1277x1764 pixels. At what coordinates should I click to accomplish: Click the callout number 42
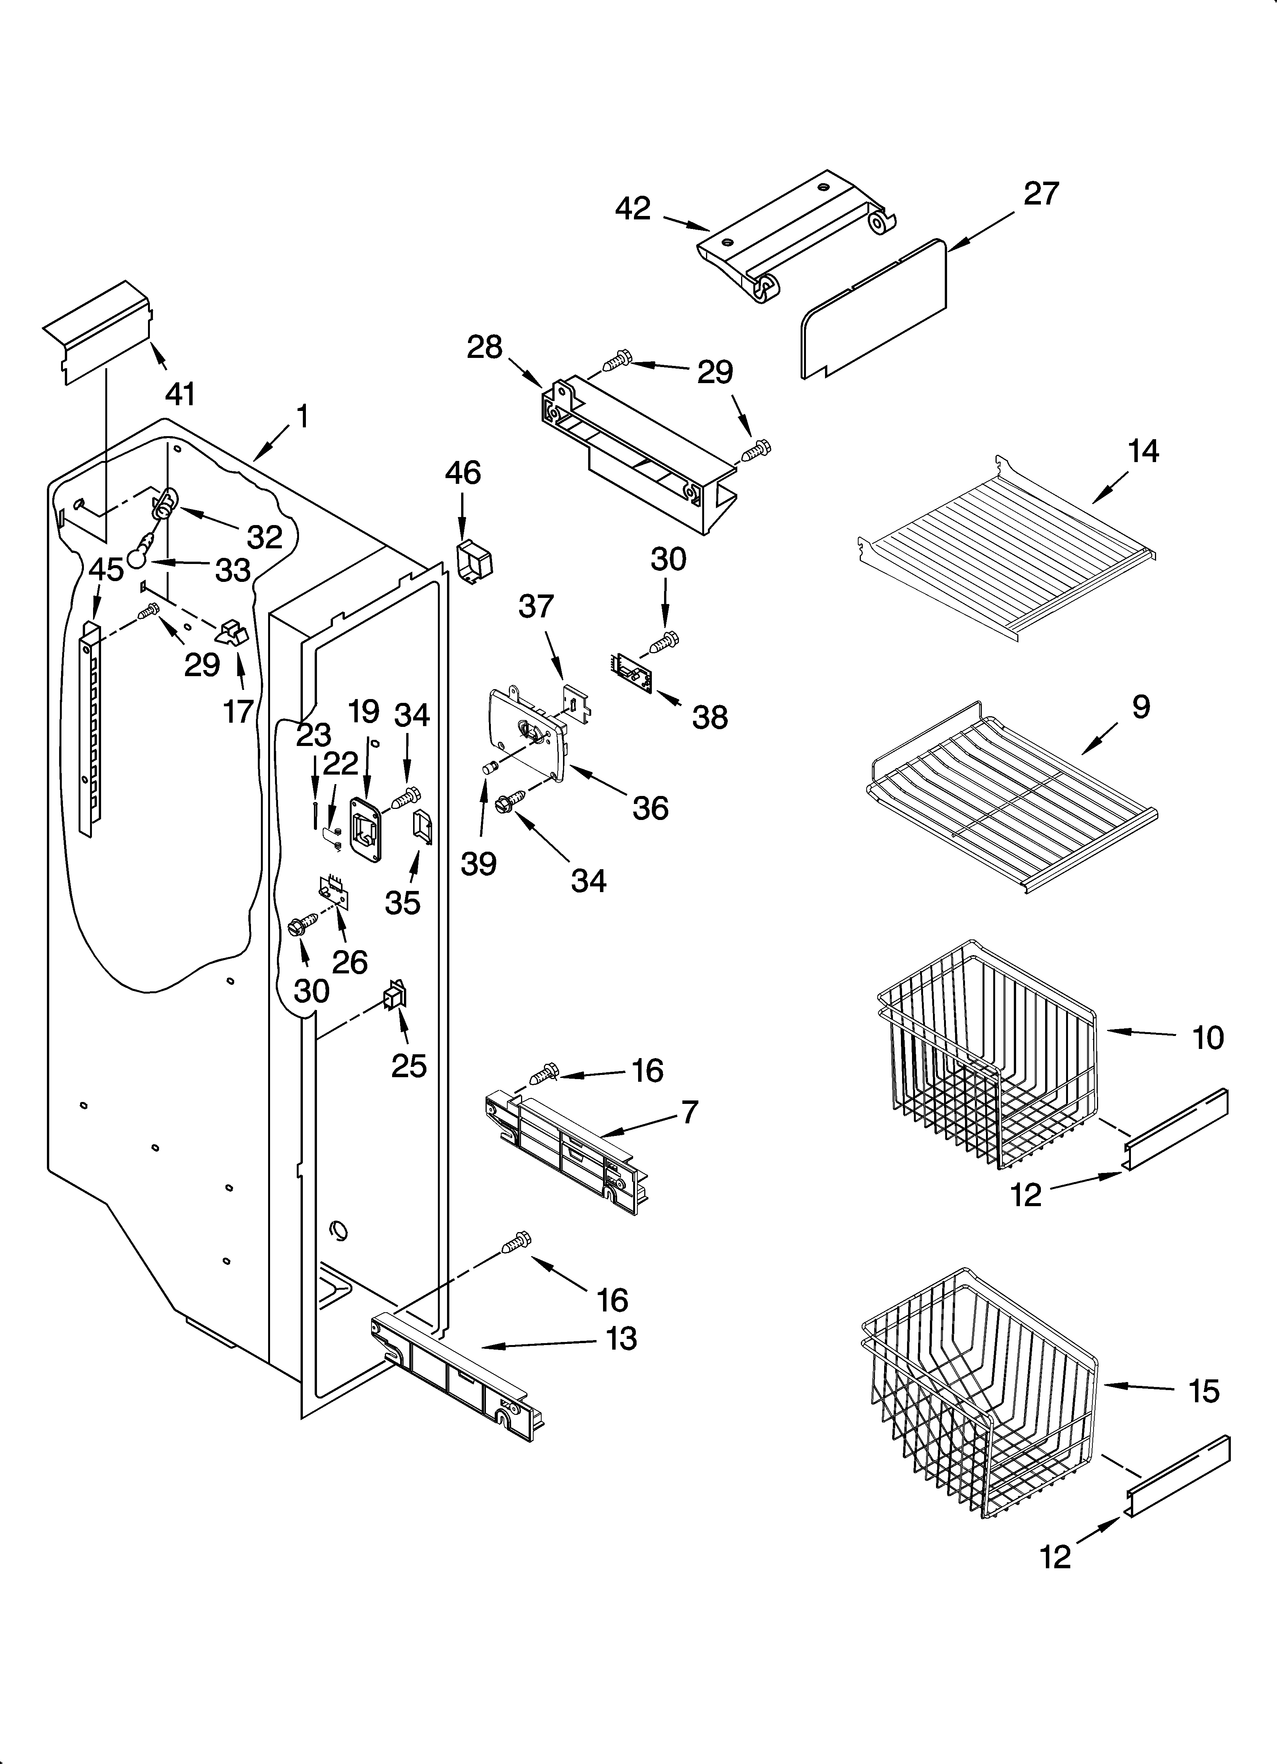[632, 208]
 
